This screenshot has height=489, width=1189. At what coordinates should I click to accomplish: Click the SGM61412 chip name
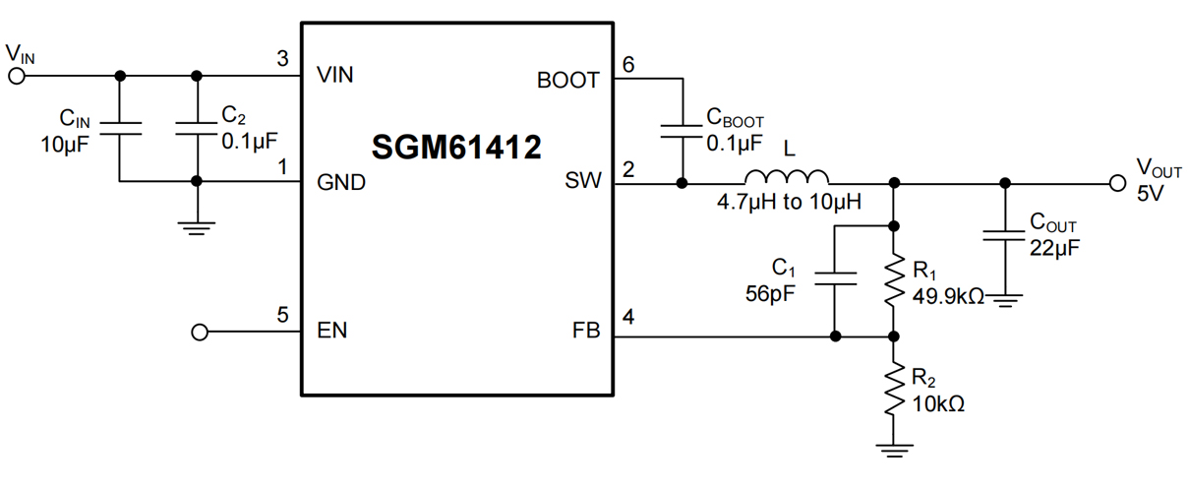click(x=456, y=148)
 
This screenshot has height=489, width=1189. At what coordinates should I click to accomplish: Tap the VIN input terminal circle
click(x=16, y=76)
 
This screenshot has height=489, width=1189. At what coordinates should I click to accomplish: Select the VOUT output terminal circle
click(x=1116, y=183)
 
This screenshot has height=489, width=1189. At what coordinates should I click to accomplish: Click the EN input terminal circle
click(x=200, y=333)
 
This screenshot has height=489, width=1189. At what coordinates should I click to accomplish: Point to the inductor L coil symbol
click(x=787, y=179)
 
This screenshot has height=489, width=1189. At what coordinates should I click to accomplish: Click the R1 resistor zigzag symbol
click(x=893, y=280)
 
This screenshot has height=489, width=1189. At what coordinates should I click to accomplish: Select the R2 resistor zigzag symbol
click(x=893, y=390)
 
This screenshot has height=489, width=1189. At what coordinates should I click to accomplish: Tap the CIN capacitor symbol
click(x=120, y=128)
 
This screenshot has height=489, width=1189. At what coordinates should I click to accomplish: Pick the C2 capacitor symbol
click(x=197, y=128)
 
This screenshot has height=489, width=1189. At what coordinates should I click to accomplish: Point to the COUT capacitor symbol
click(x=1004, y=235)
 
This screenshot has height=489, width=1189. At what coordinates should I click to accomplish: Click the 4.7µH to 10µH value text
click(x=789, y=204)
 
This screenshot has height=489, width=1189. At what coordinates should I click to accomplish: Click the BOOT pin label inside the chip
click(x=567, y=81)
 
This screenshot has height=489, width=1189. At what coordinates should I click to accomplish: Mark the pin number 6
click(x=628, y=64)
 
